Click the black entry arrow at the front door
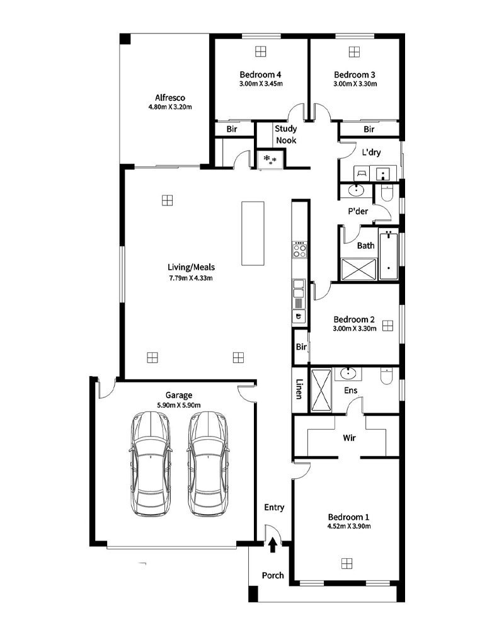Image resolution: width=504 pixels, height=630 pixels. click(273, 546)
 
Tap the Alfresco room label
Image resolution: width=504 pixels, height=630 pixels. click(170, 98)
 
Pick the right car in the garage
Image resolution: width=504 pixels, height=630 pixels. click(207, 464)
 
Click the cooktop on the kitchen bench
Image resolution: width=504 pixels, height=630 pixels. click(299, 249)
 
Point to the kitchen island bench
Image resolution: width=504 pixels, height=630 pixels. click(253, 234)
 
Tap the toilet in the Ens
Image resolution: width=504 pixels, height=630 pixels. click(386, 375)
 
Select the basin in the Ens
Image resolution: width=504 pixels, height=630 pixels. click(348, 373)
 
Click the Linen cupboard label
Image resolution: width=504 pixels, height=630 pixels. click(299, 389)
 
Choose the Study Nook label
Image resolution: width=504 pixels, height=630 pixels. click(286, 135)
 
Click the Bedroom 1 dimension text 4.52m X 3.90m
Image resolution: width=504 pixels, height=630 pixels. click(349, 526)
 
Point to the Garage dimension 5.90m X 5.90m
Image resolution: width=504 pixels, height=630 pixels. click(179, 405)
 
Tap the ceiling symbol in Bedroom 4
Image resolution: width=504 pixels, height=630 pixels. click(260, 52)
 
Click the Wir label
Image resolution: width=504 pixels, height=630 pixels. click(349, 438)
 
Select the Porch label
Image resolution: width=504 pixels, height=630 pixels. click(273, 575)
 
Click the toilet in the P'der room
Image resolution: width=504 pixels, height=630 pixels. click(387, 193)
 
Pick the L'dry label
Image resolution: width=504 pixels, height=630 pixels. click(371, 152)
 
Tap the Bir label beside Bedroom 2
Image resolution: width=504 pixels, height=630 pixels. click(301, 346)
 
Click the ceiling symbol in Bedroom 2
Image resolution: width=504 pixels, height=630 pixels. click(387, 326)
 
